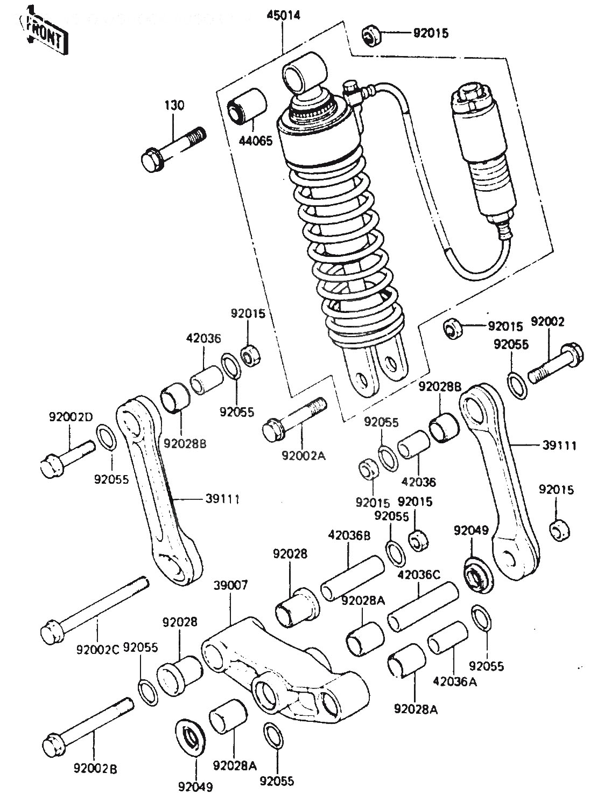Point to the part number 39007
point(230,586)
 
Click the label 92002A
point(303,456)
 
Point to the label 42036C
point(419,576)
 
